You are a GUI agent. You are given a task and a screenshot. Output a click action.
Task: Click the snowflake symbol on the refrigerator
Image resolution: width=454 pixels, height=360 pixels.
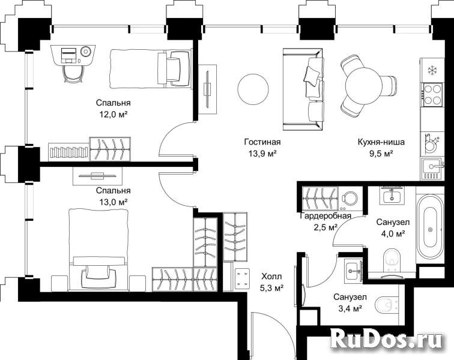[432, 70]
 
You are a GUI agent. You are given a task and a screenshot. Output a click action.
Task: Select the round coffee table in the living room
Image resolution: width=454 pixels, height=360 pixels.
[253, 90]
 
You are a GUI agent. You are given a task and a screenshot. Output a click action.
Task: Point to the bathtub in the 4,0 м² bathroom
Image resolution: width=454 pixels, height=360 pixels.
[430, 226]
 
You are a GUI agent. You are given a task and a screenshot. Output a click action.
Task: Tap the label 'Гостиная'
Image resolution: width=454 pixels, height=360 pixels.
[262, 142]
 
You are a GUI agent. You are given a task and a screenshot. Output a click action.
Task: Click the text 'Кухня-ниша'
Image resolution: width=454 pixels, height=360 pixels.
[381, 142]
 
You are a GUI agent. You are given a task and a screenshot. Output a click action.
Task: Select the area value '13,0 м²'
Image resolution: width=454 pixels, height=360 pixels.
[114, 202]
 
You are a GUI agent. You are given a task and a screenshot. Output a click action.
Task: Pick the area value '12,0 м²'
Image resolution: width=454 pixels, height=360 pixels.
[114, 115]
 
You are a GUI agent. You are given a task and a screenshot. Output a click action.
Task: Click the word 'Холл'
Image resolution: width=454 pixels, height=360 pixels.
[271, 277]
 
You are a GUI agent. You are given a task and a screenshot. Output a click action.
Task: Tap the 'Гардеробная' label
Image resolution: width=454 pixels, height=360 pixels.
[325, 216]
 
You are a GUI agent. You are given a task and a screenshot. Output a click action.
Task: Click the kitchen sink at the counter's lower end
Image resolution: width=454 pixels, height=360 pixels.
[432, 169]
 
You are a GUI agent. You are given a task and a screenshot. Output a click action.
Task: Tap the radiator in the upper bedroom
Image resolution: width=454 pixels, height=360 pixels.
[68, 151]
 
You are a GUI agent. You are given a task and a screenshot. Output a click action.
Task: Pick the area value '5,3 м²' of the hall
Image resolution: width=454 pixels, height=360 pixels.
[271, 288]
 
